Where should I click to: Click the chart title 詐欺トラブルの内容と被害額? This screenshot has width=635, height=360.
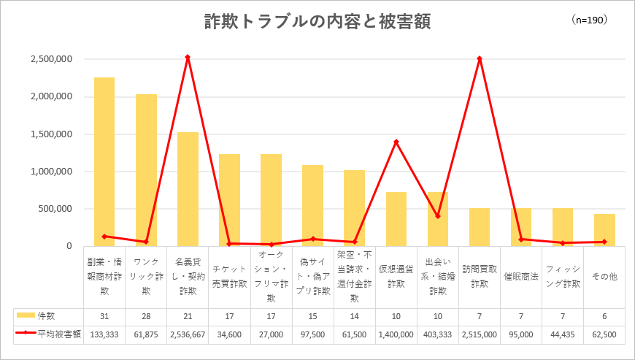point(317,22)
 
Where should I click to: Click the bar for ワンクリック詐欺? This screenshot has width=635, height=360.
point(146,170)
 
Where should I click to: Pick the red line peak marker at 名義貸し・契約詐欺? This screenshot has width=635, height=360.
point(188,57)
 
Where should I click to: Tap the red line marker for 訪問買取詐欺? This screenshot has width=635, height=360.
point(480,58)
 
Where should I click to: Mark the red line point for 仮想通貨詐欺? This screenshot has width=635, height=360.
point(396,142)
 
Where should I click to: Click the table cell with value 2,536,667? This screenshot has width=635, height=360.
point(188,334)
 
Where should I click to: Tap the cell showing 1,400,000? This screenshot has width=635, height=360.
point(396,334)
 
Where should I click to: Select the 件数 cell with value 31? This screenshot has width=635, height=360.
point(104,315)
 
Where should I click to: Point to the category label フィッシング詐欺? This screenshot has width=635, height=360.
point(563,277)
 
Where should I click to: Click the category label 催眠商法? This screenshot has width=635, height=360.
point(521,277)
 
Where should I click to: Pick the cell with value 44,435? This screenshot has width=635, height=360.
point(563,334)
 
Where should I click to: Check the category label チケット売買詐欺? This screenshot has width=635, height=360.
point(229,277)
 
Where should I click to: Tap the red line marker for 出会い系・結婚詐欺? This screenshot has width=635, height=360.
point(438,216)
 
